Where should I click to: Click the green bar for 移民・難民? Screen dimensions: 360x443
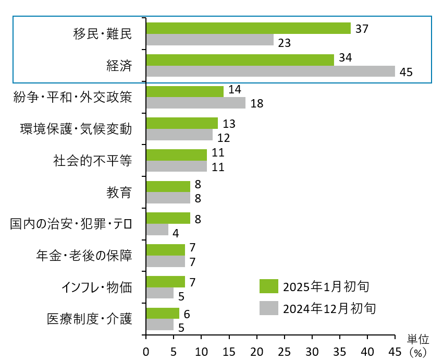249,28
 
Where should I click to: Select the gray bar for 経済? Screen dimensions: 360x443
270,71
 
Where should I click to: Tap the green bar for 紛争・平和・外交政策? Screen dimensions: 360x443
185,91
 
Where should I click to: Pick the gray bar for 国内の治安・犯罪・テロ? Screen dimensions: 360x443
157,230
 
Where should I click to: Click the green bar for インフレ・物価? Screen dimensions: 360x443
166,282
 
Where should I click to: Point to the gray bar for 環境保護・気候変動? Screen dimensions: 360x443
180,135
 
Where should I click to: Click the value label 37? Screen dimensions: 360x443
362,29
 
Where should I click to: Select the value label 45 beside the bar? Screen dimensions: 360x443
406,72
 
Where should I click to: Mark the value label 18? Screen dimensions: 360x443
256,103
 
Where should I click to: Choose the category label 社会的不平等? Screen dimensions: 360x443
93,160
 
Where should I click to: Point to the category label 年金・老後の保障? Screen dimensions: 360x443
84,256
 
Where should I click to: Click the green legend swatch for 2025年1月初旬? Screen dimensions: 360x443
268,286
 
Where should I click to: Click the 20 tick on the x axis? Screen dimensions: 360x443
257,350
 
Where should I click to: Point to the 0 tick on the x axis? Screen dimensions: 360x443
146,350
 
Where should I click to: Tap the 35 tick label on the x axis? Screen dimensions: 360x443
340,350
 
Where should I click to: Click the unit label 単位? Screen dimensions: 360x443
417,339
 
